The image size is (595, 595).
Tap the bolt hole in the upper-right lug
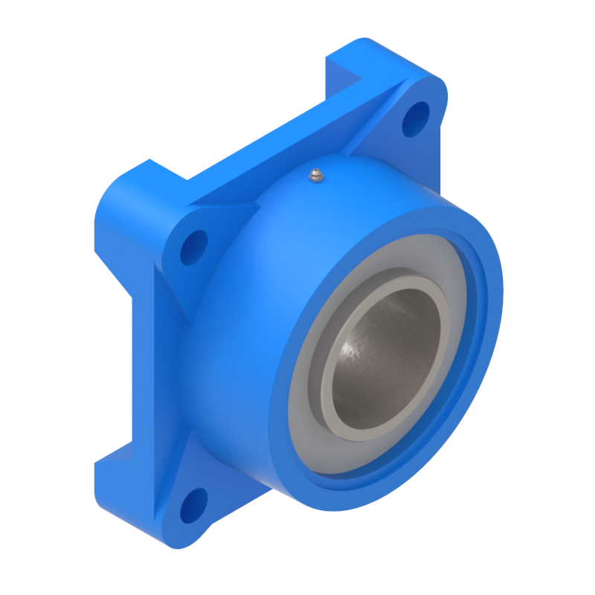point(416,118)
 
